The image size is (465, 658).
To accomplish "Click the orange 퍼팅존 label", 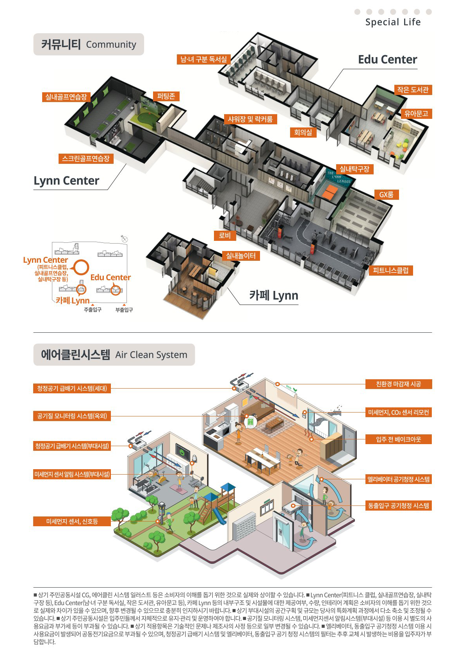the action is point(166,96).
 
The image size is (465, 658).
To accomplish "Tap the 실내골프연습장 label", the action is point(66,97).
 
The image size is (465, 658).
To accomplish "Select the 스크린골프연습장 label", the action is point(86,159).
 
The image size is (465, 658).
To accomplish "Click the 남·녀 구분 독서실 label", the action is point(203,59).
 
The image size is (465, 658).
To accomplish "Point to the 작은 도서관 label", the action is point(413,90).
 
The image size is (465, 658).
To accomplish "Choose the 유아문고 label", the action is point(416,113).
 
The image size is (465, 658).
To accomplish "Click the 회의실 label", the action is point(303,133).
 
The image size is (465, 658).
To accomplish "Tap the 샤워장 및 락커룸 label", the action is point(250,119).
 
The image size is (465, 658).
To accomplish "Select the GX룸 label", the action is point(387,194).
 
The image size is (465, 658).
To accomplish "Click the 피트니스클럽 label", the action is point(391,270).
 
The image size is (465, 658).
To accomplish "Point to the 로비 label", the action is point(225,235).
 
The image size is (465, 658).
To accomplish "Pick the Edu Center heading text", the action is point(388,60).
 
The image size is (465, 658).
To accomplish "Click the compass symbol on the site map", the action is point(125,239).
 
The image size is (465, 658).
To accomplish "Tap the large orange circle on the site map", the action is point(81,267).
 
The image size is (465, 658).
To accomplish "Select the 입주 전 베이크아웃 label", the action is point(398,439).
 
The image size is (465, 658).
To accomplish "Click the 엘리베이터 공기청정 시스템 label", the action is point(398,479).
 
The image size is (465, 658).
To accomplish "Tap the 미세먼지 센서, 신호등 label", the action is point(72,522).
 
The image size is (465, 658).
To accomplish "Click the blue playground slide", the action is point(219,516).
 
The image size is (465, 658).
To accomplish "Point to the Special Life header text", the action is point(393,22).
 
